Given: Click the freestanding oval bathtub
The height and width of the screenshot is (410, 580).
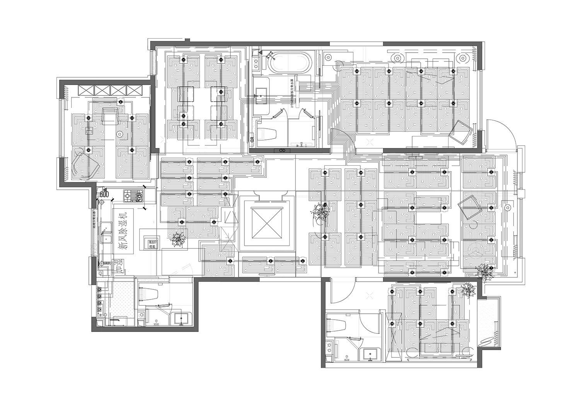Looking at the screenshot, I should click(290, 63).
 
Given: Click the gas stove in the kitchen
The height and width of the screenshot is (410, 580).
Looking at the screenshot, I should click(131, 196).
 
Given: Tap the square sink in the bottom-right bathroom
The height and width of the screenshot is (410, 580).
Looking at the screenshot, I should click(370, 354).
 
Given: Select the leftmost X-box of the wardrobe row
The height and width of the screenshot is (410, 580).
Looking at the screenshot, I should click(84, 90).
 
